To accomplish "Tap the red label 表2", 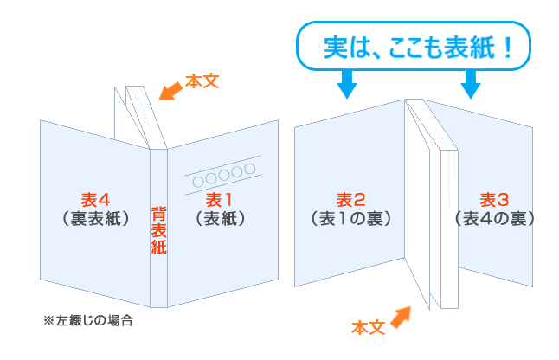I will click(x=351, y=198).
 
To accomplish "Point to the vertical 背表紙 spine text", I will click(x=158, y=229).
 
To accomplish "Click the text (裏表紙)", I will click(x=96, y=218).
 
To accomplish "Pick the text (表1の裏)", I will click(x=351, y=218).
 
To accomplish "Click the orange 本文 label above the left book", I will click(x=202, y=82).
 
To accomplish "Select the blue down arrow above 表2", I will click(x=346, y=83).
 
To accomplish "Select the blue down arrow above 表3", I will click(x=471, y=83).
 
